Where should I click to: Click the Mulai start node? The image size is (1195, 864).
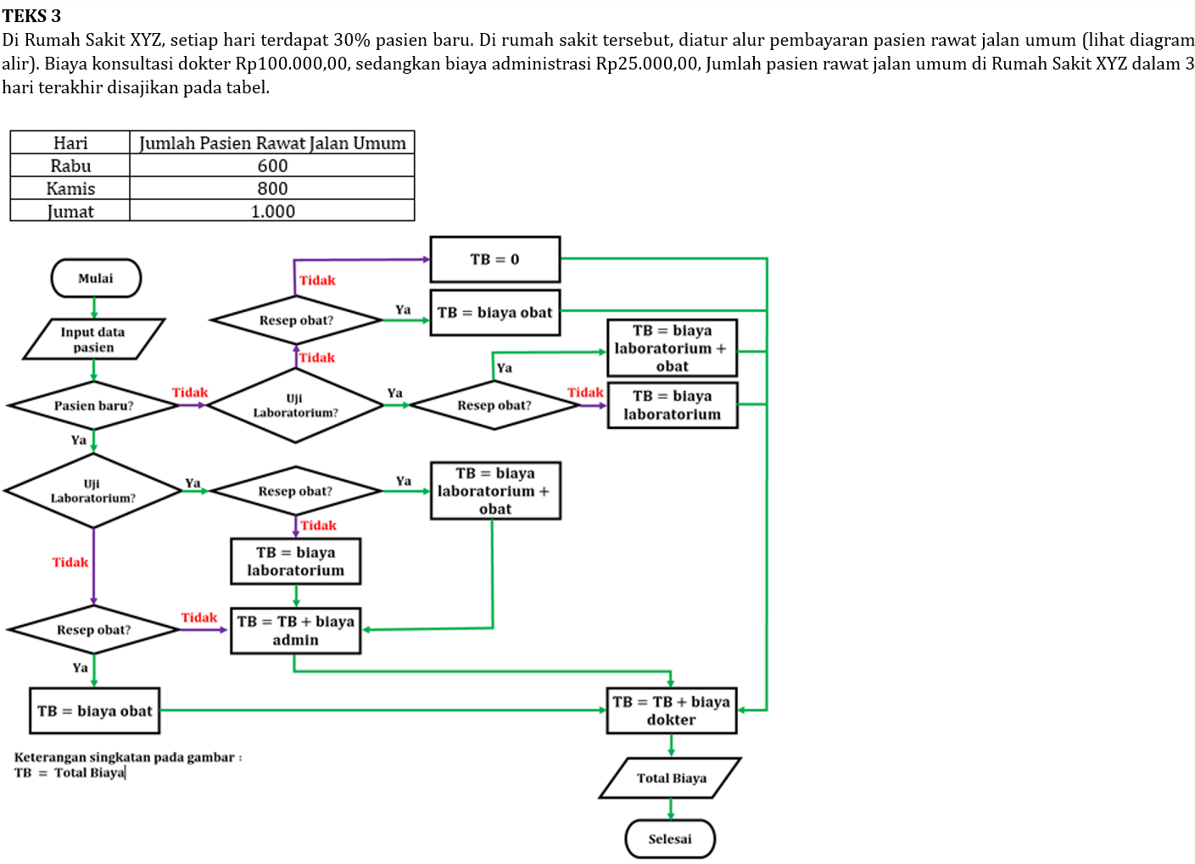(x=96, y=278)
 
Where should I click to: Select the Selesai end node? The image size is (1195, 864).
(x=670, y=839)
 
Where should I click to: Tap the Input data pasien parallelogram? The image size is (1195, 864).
(x=93, y=339)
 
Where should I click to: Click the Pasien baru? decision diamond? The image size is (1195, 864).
(x=93, y=405)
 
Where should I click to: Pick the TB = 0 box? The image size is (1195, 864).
(x=495, y=259)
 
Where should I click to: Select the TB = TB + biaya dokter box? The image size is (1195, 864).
(x=671, y=711)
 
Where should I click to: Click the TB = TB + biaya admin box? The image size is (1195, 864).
(x=295, y=630)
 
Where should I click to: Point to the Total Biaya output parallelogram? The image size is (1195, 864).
(x=671, y=778)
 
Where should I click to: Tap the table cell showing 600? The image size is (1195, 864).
(x=272, y=165)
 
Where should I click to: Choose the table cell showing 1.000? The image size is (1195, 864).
(x=272, y=211)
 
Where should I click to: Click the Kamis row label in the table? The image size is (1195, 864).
(x=70, y=188)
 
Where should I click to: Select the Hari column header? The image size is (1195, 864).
(x=70, y=142)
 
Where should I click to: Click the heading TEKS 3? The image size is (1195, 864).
(x=31, y=16)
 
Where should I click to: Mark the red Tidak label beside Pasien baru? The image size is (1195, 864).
(x=190, y=393)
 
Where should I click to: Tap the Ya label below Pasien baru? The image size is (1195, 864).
(x=79, y=439)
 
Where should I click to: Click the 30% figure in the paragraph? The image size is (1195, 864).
(x=352, y=40)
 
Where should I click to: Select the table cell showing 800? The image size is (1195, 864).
(x=272, y=188)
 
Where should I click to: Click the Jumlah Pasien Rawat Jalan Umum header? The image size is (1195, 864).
(x=272, y=142)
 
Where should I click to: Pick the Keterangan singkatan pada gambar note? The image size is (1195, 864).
(x=127, y=757)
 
